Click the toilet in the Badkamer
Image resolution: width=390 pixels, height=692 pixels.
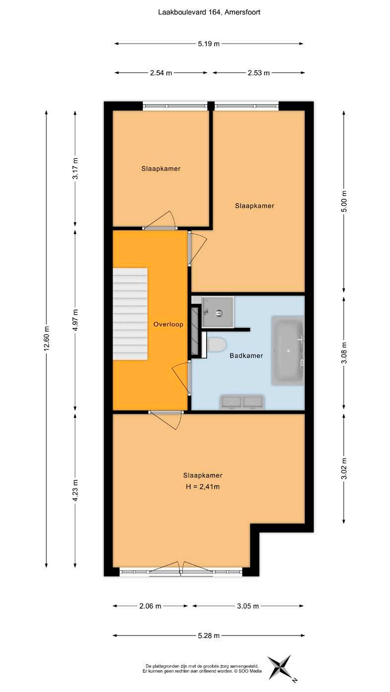click(x=218, y=344)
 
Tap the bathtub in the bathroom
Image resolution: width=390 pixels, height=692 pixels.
click(x=287, y=350)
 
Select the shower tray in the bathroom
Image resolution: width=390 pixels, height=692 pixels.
click(x=218, y=312)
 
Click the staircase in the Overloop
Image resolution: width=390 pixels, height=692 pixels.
click(x=130, y=313)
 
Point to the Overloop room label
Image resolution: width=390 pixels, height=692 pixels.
click(x=168, y=324)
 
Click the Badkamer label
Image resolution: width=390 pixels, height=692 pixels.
click(x=246, y=355)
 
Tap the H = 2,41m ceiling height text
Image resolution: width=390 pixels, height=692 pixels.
click(x=203, y=487)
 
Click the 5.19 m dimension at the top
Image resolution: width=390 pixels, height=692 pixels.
click(x=209, y=44)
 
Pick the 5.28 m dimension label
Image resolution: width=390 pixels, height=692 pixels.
click(x=209, y=636)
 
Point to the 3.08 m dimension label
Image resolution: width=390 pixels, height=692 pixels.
click(x=344, y=352)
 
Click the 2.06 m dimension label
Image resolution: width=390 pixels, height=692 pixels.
click(x=150, y=606)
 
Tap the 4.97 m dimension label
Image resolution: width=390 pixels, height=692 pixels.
click(x=75, y=320)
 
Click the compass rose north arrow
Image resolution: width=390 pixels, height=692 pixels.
click(x=280, y=668)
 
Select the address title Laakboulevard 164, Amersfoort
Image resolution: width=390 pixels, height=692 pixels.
click(x=210, y=12)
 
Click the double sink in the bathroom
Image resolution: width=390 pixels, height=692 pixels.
click(x=241, y=402)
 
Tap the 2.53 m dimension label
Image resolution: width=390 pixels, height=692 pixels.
click(x=259, y=73)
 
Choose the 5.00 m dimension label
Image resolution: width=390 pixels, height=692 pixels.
click(x=344, y=201)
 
